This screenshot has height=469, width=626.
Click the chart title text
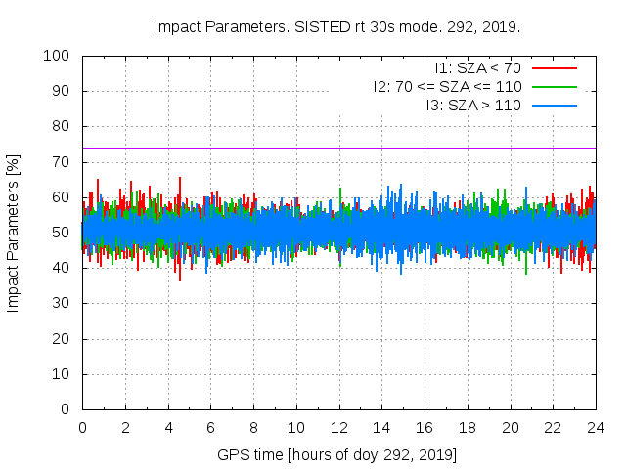click(x=337, y=26)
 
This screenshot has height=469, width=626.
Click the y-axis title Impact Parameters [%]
click(x=14, y=233)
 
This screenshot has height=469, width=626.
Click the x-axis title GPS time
click(x=337, y=455)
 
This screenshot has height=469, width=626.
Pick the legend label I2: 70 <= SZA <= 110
click(x=447, y=87)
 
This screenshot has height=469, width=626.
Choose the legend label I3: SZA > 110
click(x=473, y=105)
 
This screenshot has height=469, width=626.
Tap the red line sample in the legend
click(x=553, y=68)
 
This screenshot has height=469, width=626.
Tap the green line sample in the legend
click(x=553, y=87)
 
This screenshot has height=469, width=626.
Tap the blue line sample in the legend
click(x=553, y=105)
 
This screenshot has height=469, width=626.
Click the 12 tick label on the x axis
click(x=339, y=428)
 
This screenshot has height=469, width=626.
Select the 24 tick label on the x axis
click(x=596, y=428)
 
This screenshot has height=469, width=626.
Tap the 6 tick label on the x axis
click(x=210, y=428)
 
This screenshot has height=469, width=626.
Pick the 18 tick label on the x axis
click(x=468, y=428)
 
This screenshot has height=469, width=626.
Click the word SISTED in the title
click(x=322, y=26)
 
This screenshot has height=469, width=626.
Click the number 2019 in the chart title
click(x=502, y=26)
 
